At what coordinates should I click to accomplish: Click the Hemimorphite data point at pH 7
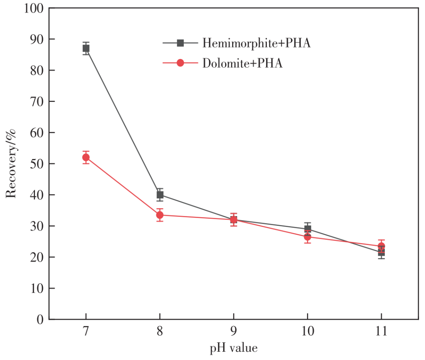tap(86, 48)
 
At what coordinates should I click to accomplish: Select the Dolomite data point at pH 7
tap(86, 157)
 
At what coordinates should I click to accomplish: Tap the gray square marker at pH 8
tap(160, 195)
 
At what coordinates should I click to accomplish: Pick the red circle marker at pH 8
tap(160, 215)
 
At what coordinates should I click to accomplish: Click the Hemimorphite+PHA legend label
tap(257, 43)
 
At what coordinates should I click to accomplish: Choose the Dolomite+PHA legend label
tap(242, 63)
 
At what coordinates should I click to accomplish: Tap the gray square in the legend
tap(180, 43)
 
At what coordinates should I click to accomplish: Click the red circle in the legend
tap(180, 63)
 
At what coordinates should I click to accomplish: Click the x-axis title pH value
tap(234, 348)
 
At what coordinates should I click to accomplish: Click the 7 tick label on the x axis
tap(86, 332)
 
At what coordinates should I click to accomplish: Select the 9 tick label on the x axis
tap(234, 332)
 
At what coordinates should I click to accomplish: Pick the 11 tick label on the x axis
tap(381, 332)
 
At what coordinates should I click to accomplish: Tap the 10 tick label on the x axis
tap(307, 332)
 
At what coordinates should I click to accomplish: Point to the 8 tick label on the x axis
tap(160, 332)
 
